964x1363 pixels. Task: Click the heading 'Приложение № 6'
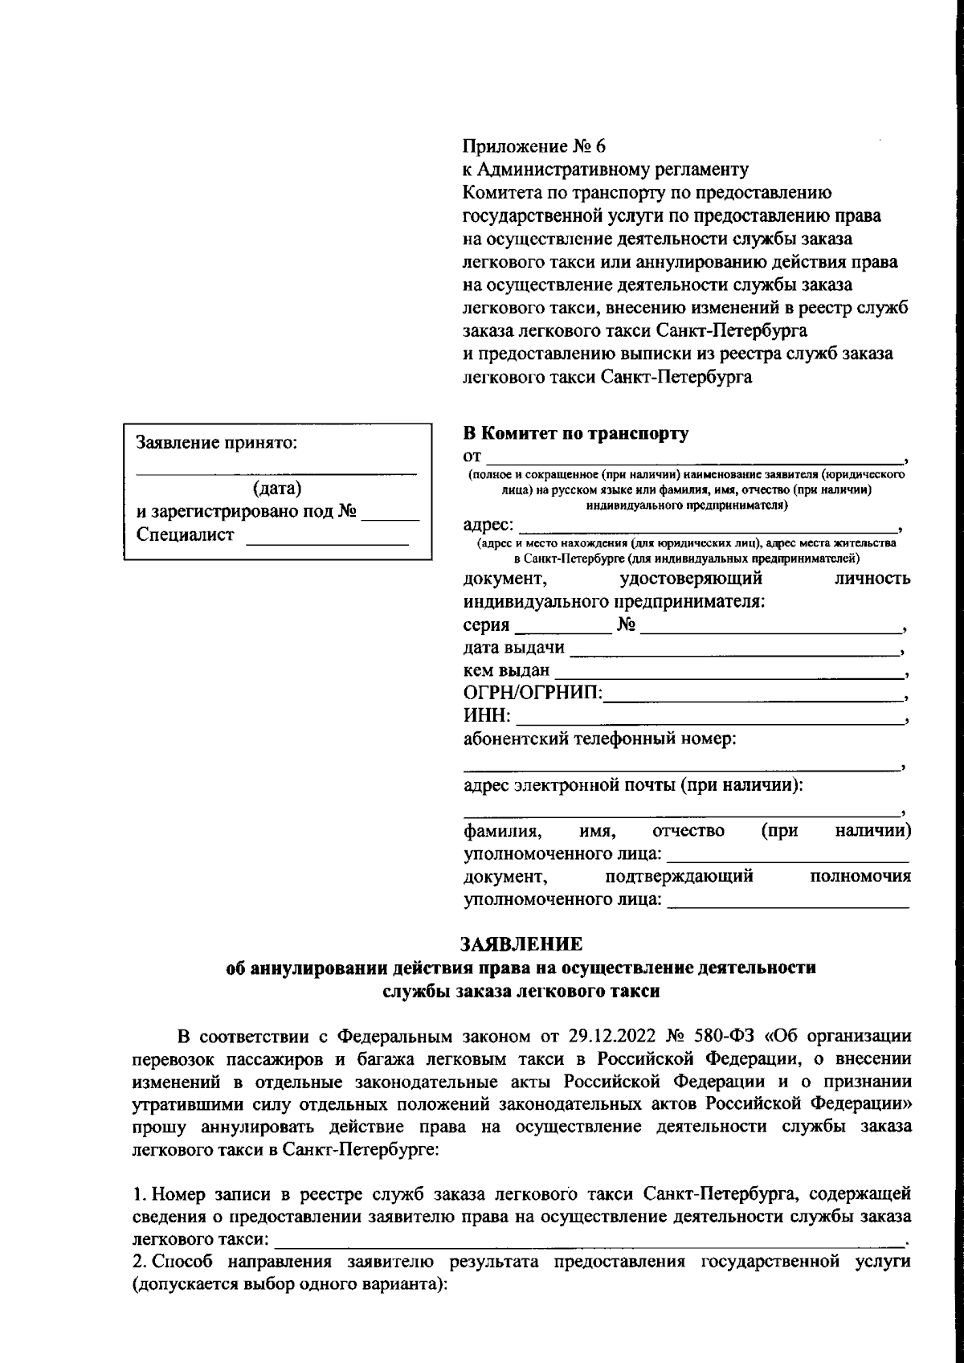[x=533, y=146]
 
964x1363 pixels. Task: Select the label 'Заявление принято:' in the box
[x=217, y=442]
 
